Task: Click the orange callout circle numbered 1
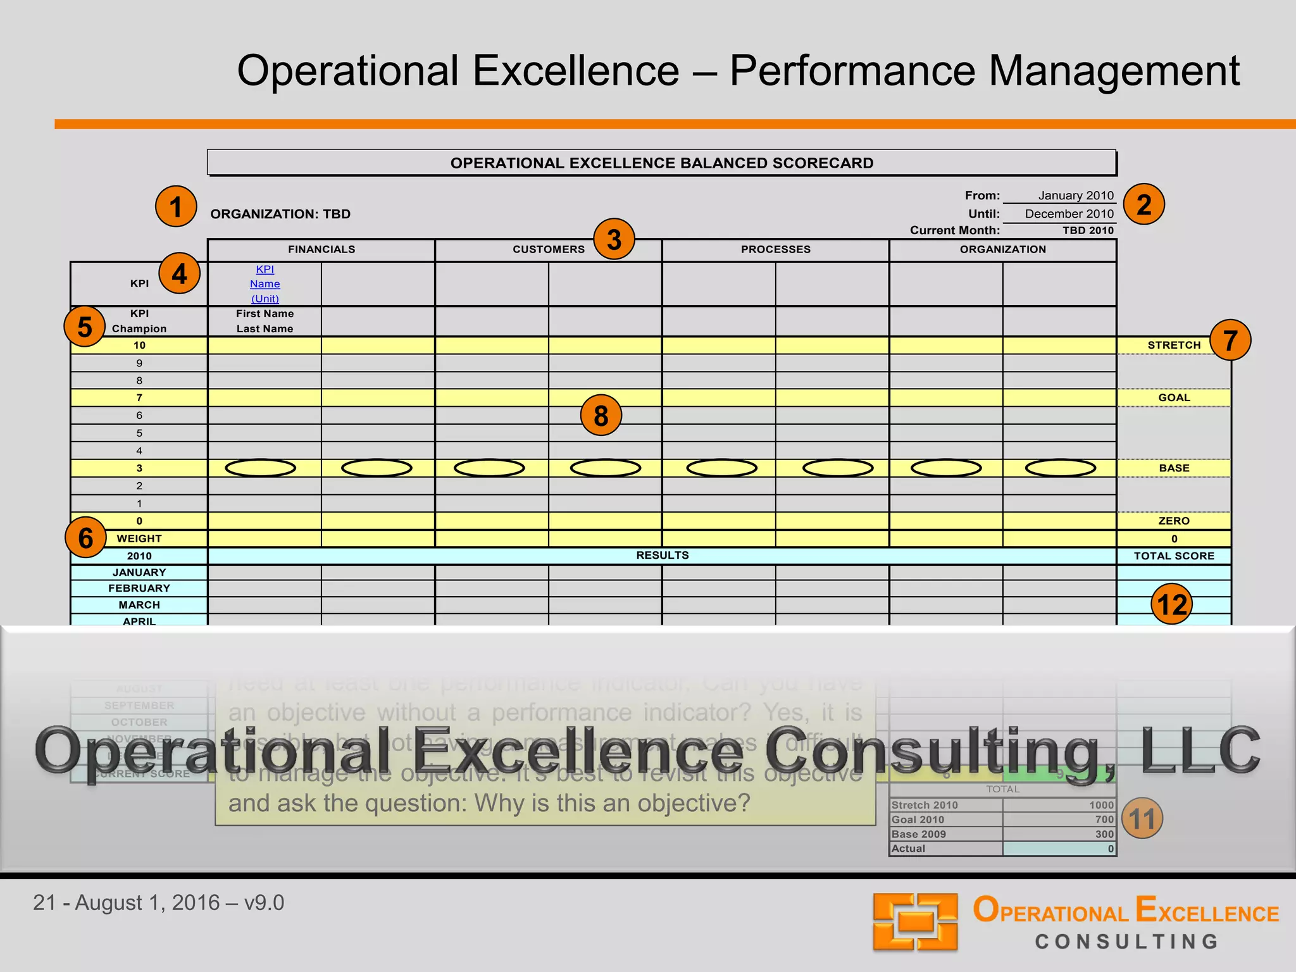point(176,206)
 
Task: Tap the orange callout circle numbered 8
point(601,415)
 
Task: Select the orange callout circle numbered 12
point(1171,604)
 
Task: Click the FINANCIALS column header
point(321,249)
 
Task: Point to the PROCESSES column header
point(776,249)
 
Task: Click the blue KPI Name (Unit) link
point(265,284)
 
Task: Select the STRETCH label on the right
point(1174,345)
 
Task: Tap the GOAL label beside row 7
point(1174,397)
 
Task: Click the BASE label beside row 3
point(1174,468)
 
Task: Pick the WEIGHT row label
point(139,539)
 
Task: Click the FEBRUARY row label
point(139,589)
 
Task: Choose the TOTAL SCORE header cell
point(1174,556)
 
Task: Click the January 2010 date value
point(1076,196)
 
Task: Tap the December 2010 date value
point(1069,214)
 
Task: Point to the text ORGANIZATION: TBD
point(280,214)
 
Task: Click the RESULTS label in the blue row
point(662,556)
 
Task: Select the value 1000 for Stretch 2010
point(1101,805)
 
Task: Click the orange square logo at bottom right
point(915,921)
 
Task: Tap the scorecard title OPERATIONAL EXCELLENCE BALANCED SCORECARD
point(662,163)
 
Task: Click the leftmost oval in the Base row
point(261,468)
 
